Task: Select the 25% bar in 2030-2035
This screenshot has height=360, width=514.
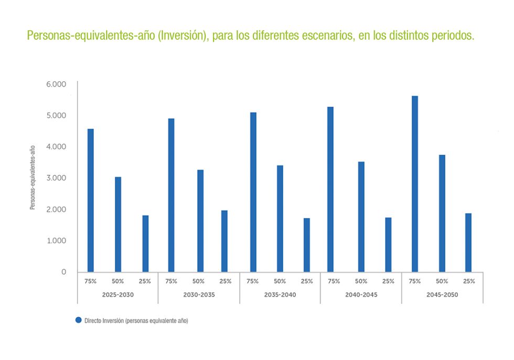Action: [x=224, y=241]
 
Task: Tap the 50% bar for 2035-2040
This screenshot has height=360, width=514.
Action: [x=280, y=218]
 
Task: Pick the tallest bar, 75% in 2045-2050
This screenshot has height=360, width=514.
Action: [x=415, y=184]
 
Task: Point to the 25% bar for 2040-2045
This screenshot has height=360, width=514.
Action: [x=388, y=245]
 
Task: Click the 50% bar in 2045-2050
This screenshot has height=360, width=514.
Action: [x=442, y=213]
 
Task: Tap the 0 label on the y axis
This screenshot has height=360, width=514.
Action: [x=63, y=272]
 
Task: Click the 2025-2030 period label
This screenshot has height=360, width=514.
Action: [x=118, y=295]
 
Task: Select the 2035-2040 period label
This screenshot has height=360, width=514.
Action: [x=280, y=295]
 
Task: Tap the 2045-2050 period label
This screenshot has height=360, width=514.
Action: [x=442, y=295]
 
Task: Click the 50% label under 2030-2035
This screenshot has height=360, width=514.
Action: [x=198, y=281]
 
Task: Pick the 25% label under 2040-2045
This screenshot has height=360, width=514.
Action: [x=388, y=281]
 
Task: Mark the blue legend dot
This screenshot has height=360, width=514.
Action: [x=79, y=320]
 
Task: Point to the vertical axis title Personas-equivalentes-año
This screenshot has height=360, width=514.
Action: [x=33, y=178]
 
